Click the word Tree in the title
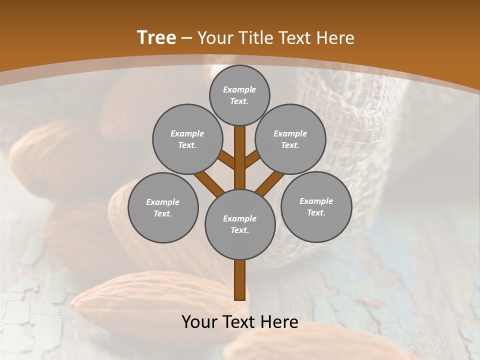coord(156,37)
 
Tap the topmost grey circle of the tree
coord(239,95)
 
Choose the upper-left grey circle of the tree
coord(187,139)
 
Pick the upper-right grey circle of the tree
coord(290,139)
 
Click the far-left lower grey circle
coord(163,207)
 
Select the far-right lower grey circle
coord(316,206)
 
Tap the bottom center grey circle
coord(240,224)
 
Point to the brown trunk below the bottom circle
coord(240,280)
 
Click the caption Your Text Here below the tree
coord(240,322)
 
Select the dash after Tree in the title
coord(187,38)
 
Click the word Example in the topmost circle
coord(239,89)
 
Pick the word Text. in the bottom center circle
coord(240,230)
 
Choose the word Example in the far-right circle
coord(316,201)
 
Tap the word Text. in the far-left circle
coord(163,213)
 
